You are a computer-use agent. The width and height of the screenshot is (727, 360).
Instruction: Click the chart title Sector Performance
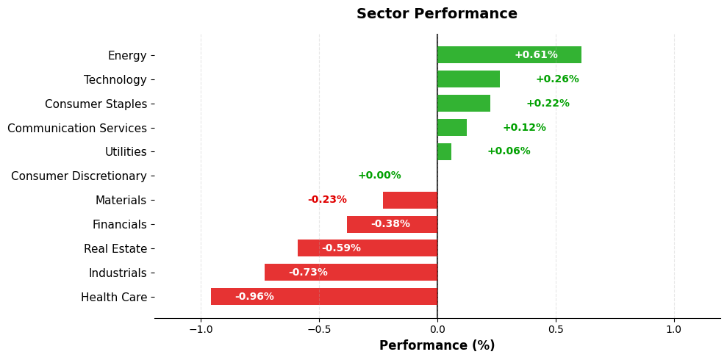(437, 14)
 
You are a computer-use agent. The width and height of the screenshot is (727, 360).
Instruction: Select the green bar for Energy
(509, 55)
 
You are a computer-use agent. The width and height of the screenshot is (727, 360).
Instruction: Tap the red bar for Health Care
(323, 297)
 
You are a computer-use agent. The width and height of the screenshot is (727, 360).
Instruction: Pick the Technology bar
(468, 79)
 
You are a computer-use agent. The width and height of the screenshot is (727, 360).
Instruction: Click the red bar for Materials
(409, 200)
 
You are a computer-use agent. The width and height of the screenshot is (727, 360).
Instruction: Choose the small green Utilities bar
(444, 151)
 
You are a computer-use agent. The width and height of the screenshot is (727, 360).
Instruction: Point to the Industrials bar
(351, 273)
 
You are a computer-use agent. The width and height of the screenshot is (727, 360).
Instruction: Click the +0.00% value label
(379, 176)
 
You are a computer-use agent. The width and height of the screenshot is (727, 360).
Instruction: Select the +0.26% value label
(556, 79)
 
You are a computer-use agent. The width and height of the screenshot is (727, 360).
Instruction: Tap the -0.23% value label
(327, 200)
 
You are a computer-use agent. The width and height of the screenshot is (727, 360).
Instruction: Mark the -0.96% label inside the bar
(254, 297)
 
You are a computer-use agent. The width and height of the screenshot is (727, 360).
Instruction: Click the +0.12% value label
(524, 128)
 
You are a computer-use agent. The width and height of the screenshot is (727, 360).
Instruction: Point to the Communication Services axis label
(77, 129)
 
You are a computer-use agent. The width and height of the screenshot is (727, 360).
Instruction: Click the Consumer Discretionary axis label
(79, 176)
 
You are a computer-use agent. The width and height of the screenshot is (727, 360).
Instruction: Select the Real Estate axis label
(115, 249)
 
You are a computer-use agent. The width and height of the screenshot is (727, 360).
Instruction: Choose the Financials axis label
(120, 225)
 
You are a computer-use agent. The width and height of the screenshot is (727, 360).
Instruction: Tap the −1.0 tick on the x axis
(200, 329)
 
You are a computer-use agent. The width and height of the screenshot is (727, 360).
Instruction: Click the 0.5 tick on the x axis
(556, 329)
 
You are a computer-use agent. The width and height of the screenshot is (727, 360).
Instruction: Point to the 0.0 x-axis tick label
(437, 329)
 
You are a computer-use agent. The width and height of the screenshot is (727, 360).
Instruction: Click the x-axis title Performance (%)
(437, 345)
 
